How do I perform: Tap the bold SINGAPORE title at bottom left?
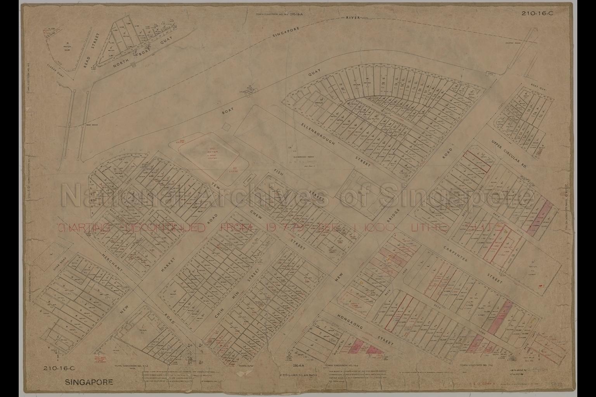pyautogui.click(x=89, y=382)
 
